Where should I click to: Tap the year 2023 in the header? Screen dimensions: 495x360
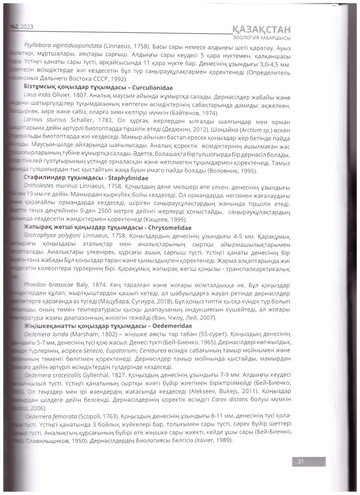24,27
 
